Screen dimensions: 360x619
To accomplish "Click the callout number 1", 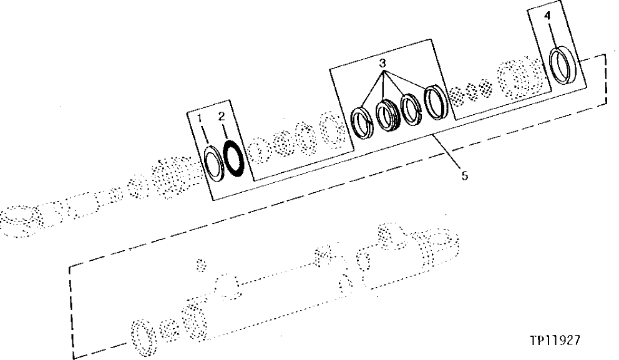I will (200, 118).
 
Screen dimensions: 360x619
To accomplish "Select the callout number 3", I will (383, 64).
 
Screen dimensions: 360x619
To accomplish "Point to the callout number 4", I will (547, 17).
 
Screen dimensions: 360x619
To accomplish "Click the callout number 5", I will (464, 175).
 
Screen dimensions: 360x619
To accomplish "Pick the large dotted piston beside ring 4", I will (517, 79).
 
